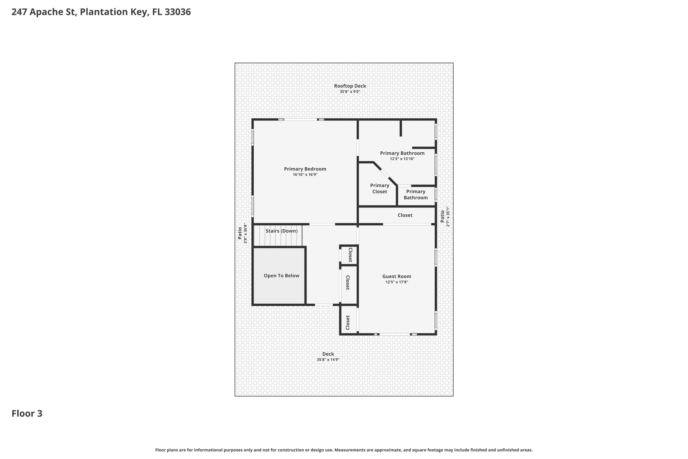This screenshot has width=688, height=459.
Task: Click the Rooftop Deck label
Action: tap(350, 86)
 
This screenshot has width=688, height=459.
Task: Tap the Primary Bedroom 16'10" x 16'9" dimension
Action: tap(305, 174)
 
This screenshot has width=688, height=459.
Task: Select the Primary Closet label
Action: tap(379, 188)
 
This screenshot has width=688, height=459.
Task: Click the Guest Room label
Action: tap(396, 276)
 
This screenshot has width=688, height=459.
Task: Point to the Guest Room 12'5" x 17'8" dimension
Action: tap(396, 282)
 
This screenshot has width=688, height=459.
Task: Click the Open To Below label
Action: tap(281, 275)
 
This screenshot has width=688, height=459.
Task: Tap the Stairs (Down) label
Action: tap(281, 231)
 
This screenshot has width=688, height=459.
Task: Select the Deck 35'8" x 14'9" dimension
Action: tap(328, 359)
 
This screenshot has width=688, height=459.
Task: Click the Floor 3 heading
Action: tap(27, 413)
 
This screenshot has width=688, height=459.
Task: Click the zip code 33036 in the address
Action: tap(178, 12)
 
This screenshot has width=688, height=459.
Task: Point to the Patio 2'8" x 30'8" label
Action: tap(242, 233)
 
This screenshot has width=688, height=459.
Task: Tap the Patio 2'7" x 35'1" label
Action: tap(445, 216)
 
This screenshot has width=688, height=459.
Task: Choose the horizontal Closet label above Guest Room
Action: tap(405, 215)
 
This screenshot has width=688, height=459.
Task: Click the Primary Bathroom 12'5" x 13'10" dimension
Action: tap(402, 159)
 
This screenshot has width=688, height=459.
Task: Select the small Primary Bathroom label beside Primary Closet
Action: tap(415, 194)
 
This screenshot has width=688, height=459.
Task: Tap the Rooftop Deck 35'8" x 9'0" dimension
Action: tap(350, 92)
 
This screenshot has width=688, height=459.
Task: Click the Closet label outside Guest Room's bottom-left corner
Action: tap(347, 322)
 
